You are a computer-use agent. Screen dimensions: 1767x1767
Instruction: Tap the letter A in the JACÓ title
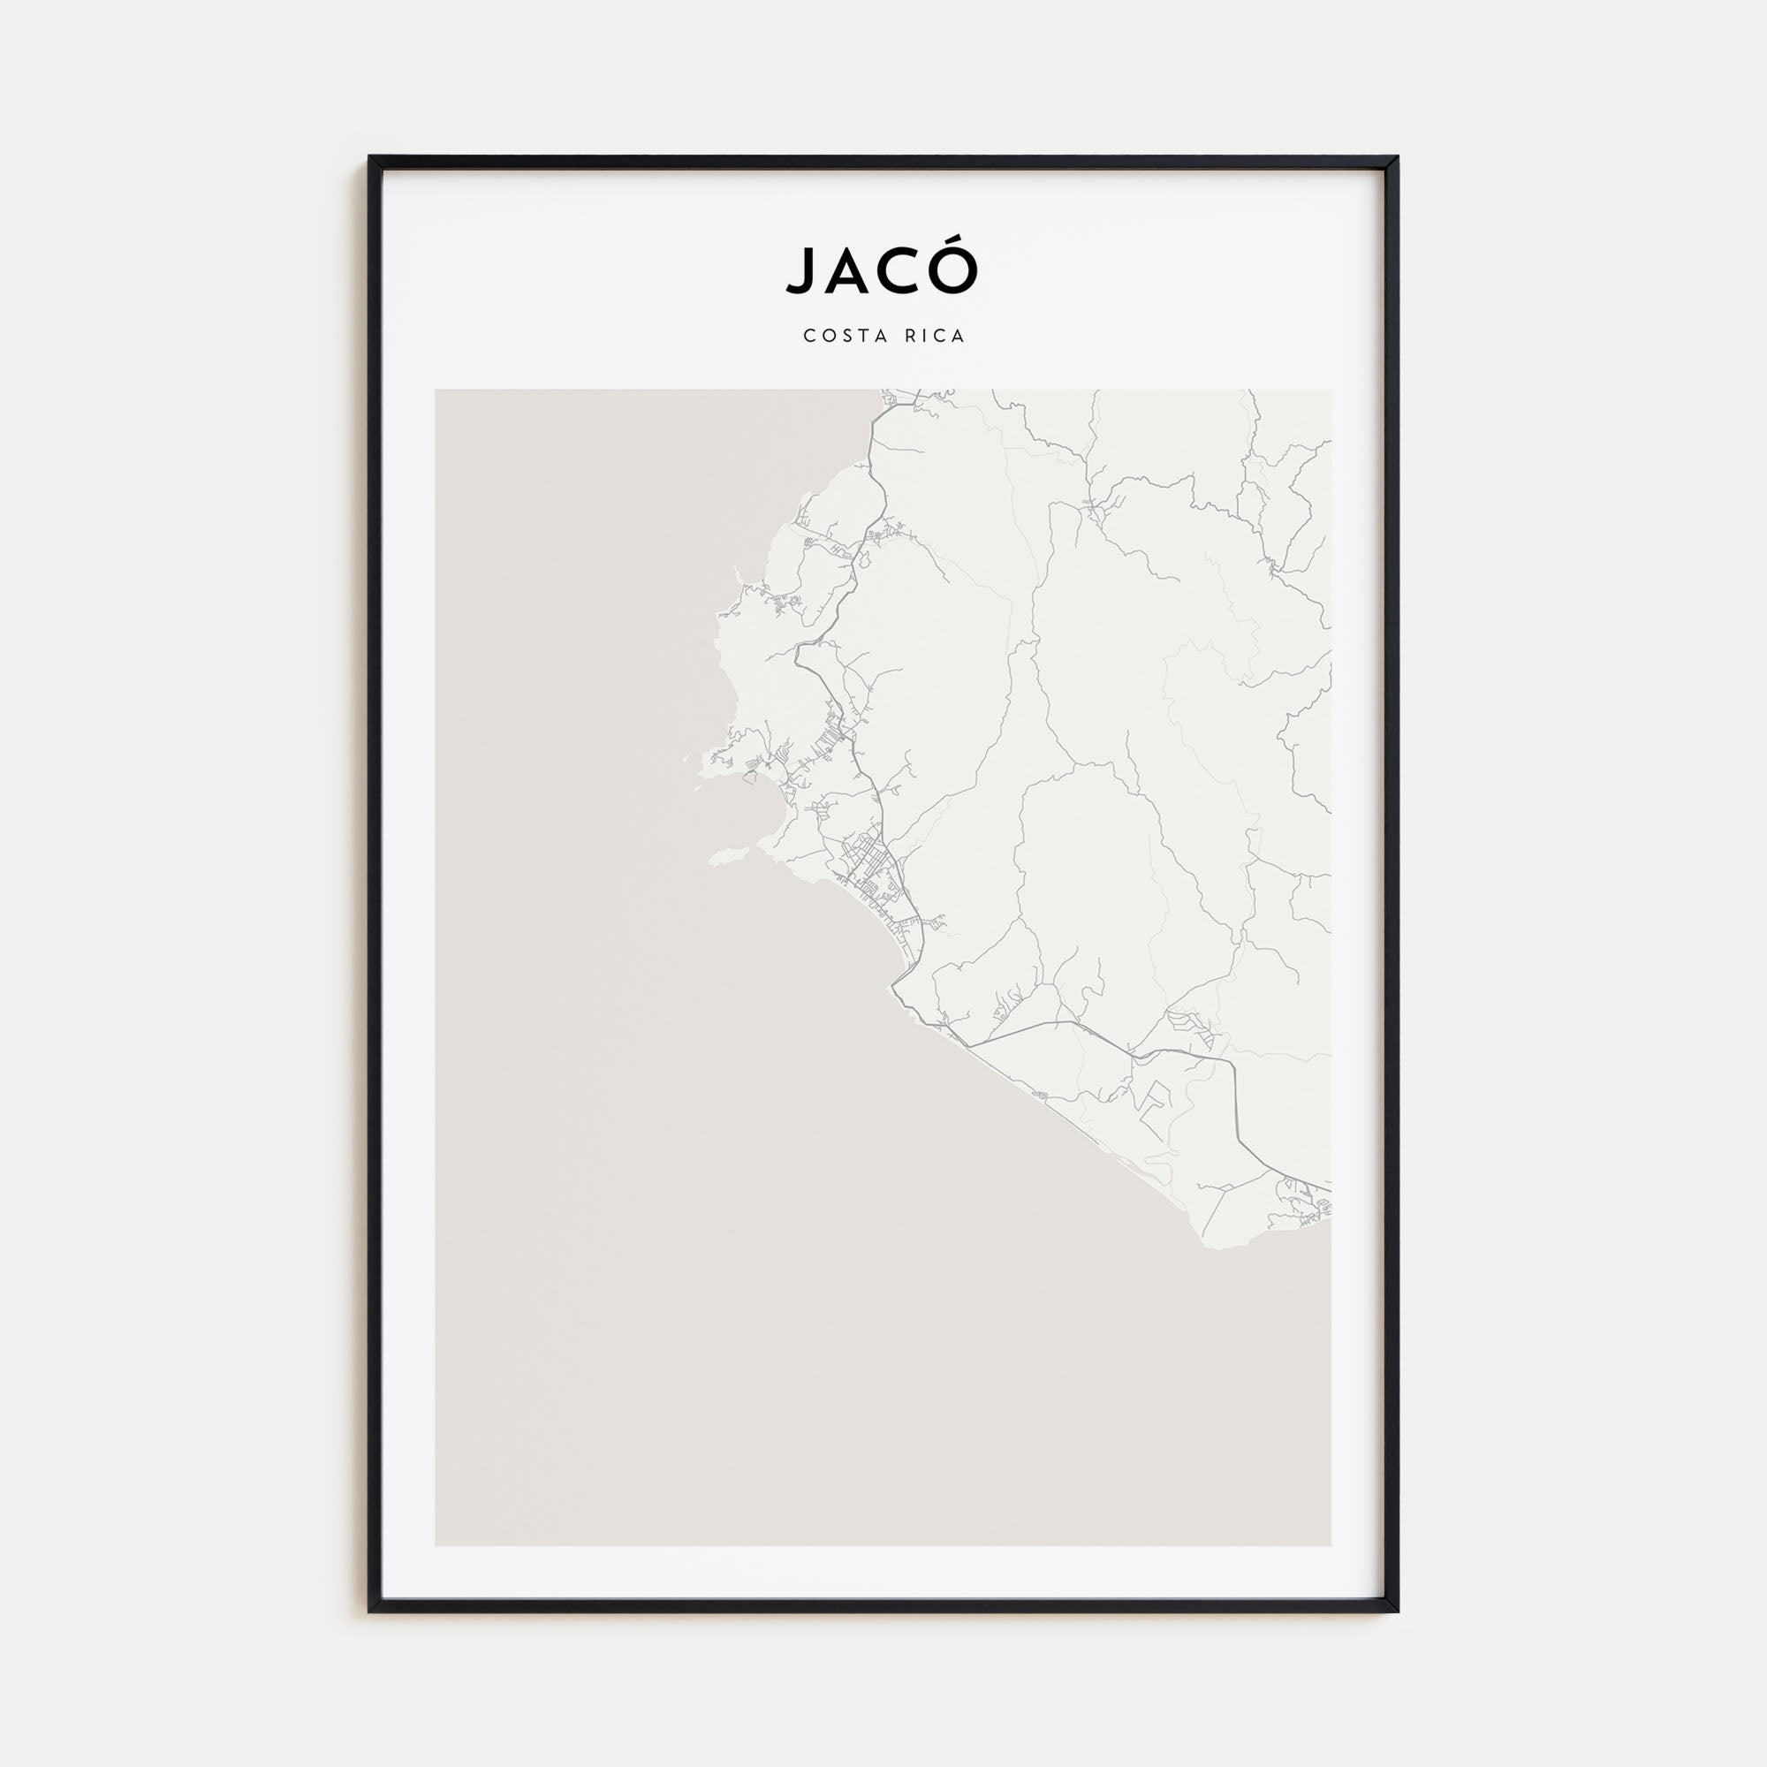(x=846, y=269)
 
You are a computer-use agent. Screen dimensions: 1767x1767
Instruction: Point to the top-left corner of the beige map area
(x=436, y=391)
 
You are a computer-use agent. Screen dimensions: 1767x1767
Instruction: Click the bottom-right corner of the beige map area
(x=1331, y=1545)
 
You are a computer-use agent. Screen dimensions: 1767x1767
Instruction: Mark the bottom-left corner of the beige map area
(x=436, y=1545)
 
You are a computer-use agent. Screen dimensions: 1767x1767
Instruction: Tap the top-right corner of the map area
(x=1331, y=391)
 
